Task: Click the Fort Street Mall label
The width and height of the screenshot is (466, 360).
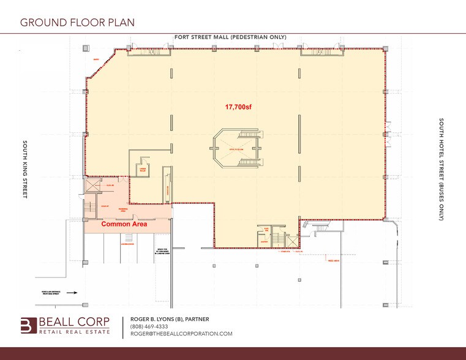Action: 230,37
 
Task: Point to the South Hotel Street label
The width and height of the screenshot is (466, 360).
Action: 440,170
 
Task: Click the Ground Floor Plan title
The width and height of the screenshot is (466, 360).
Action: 77,23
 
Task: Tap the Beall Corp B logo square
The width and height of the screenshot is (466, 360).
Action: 29,326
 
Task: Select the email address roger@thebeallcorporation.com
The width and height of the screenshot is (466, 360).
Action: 181,334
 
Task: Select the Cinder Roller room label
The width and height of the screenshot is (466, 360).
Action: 143,169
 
